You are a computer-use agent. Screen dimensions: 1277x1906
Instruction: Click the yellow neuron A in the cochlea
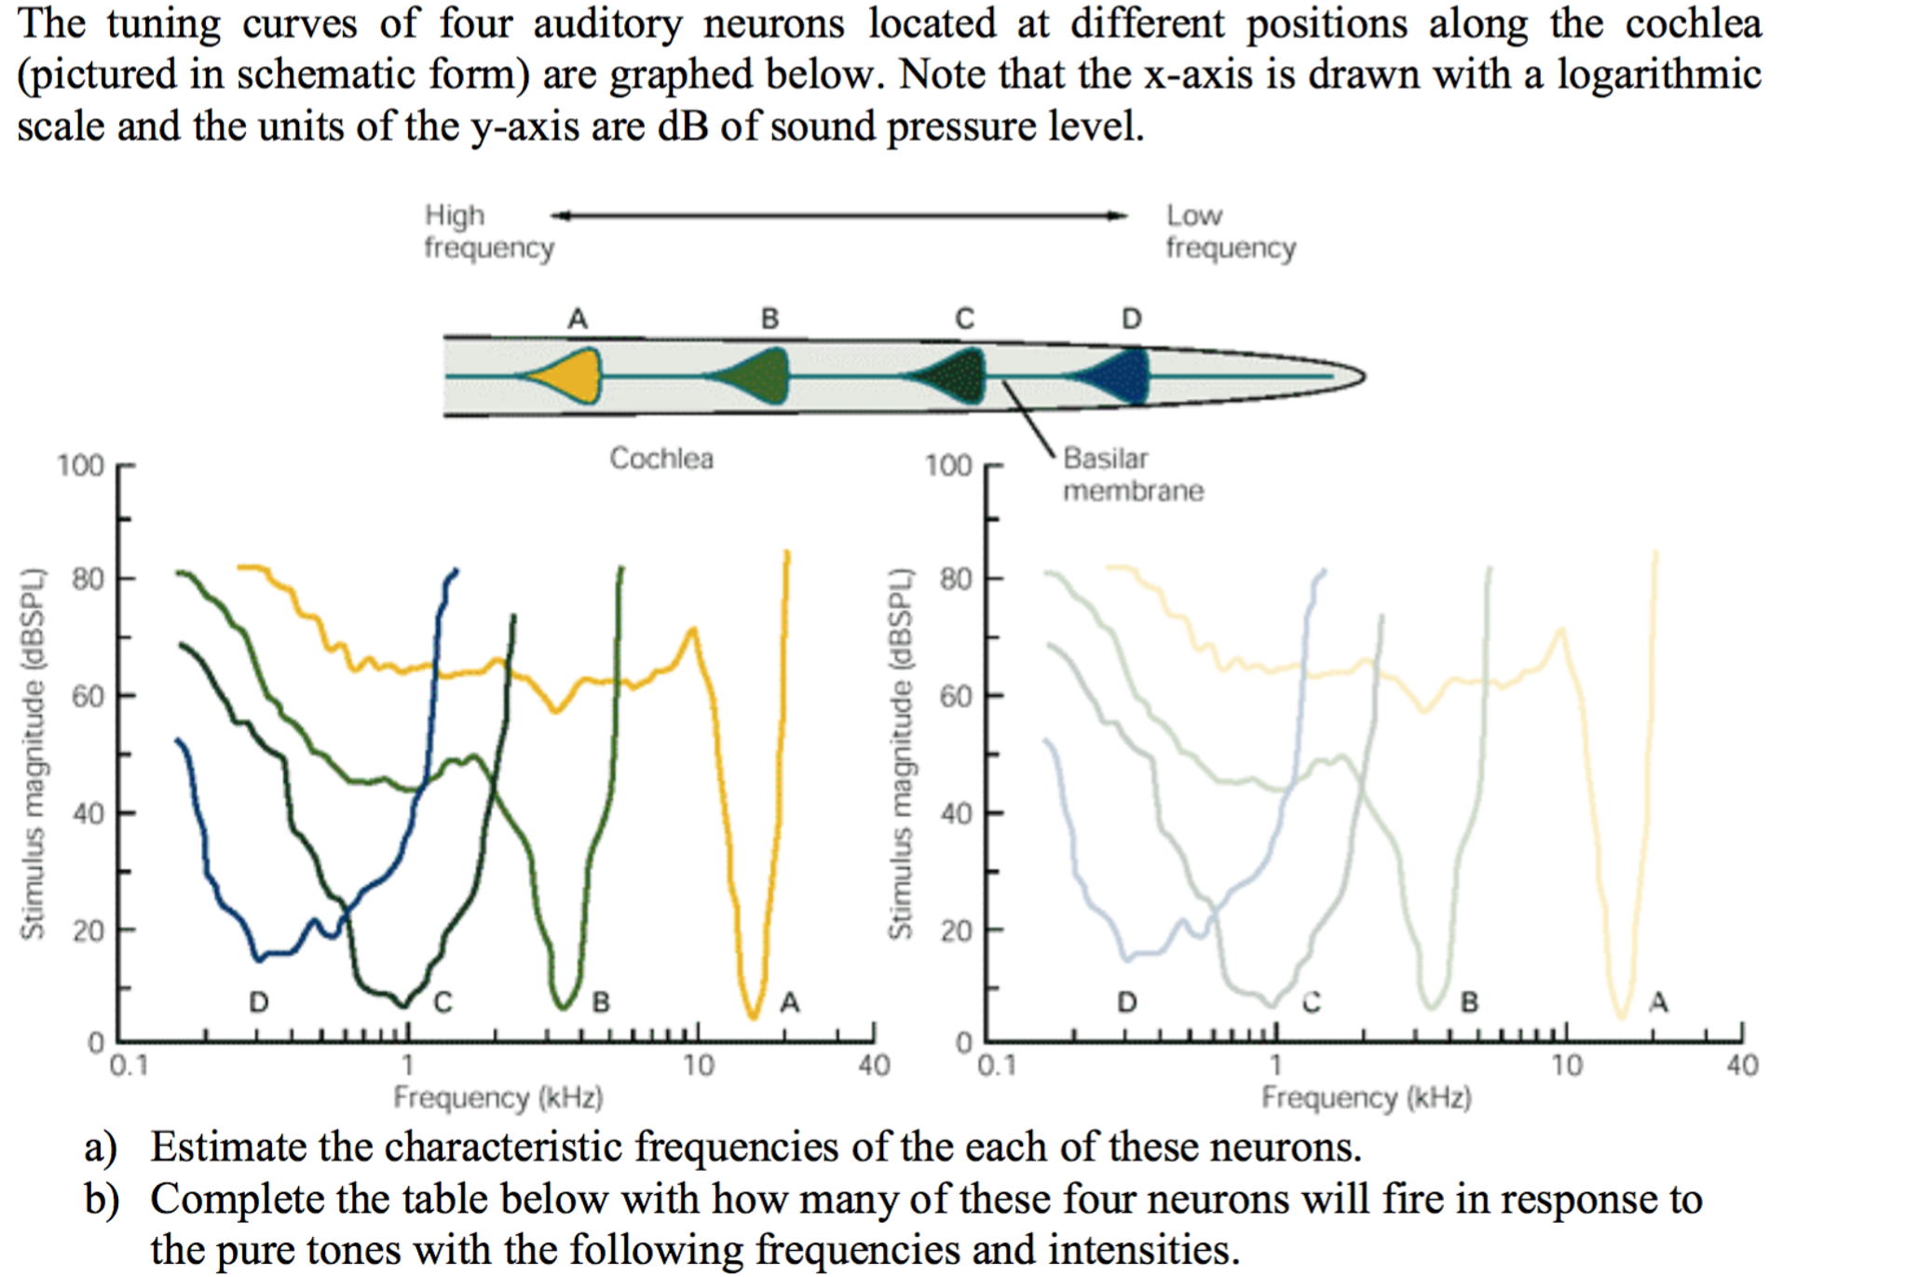573,375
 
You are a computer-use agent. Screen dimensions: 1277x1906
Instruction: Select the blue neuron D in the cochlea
1122,375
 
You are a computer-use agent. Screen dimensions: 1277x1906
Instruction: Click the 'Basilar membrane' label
1132,474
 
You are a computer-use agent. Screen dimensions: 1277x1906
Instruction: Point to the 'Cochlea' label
661,458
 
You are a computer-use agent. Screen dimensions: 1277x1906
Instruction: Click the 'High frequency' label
488,231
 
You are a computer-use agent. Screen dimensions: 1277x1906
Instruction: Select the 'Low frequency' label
1230,231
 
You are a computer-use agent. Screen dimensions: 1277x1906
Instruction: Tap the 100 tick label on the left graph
80,465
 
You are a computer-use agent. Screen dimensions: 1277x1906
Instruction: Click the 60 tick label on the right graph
956,696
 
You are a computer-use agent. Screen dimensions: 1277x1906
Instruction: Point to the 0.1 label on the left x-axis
129,1065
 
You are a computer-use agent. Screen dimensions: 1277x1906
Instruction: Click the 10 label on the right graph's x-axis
1566,1065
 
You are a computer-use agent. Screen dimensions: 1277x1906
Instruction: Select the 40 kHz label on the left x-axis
874,1065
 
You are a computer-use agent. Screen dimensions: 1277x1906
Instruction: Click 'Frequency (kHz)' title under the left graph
497,1097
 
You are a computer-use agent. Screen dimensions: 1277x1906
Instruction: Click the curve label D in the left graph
259,1002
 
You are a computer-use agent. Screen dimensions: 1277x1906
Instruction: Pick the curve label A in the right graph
1658,1002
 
